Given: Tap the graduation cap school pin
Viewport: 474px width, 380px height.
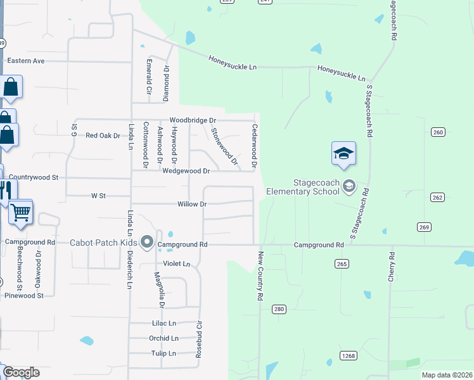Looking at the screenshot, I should click(343, 154).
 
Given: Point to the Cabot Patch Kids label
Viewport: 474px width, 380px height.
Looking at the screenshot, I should click(103, 243).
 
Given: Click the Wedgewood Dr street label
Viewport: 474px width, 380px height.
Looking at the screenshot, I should click(186, 171).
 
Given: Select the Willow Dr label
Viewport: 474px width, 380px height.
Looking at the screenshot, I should click(192, 205).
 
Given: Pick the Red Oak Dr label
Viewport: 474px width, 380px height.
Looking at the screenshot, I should click(103, 136).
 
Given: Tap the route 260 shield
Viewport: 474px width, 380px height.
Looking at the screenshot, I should click(439, 132).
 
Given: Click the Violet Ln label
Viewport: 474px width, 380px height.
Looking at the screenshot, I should click(177, 263).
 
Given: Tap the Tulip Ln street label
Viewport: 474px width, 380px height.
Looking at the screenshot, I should click(163, 353).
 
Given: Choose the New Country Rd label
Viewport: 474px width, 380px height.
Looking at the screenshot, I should click(260, 275).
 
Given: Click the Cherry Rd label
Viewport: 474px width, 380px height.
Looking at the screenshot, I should click(392, 267).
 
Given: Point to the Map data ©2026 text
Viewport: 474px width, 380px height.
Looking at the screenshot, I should click(446, 375).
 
